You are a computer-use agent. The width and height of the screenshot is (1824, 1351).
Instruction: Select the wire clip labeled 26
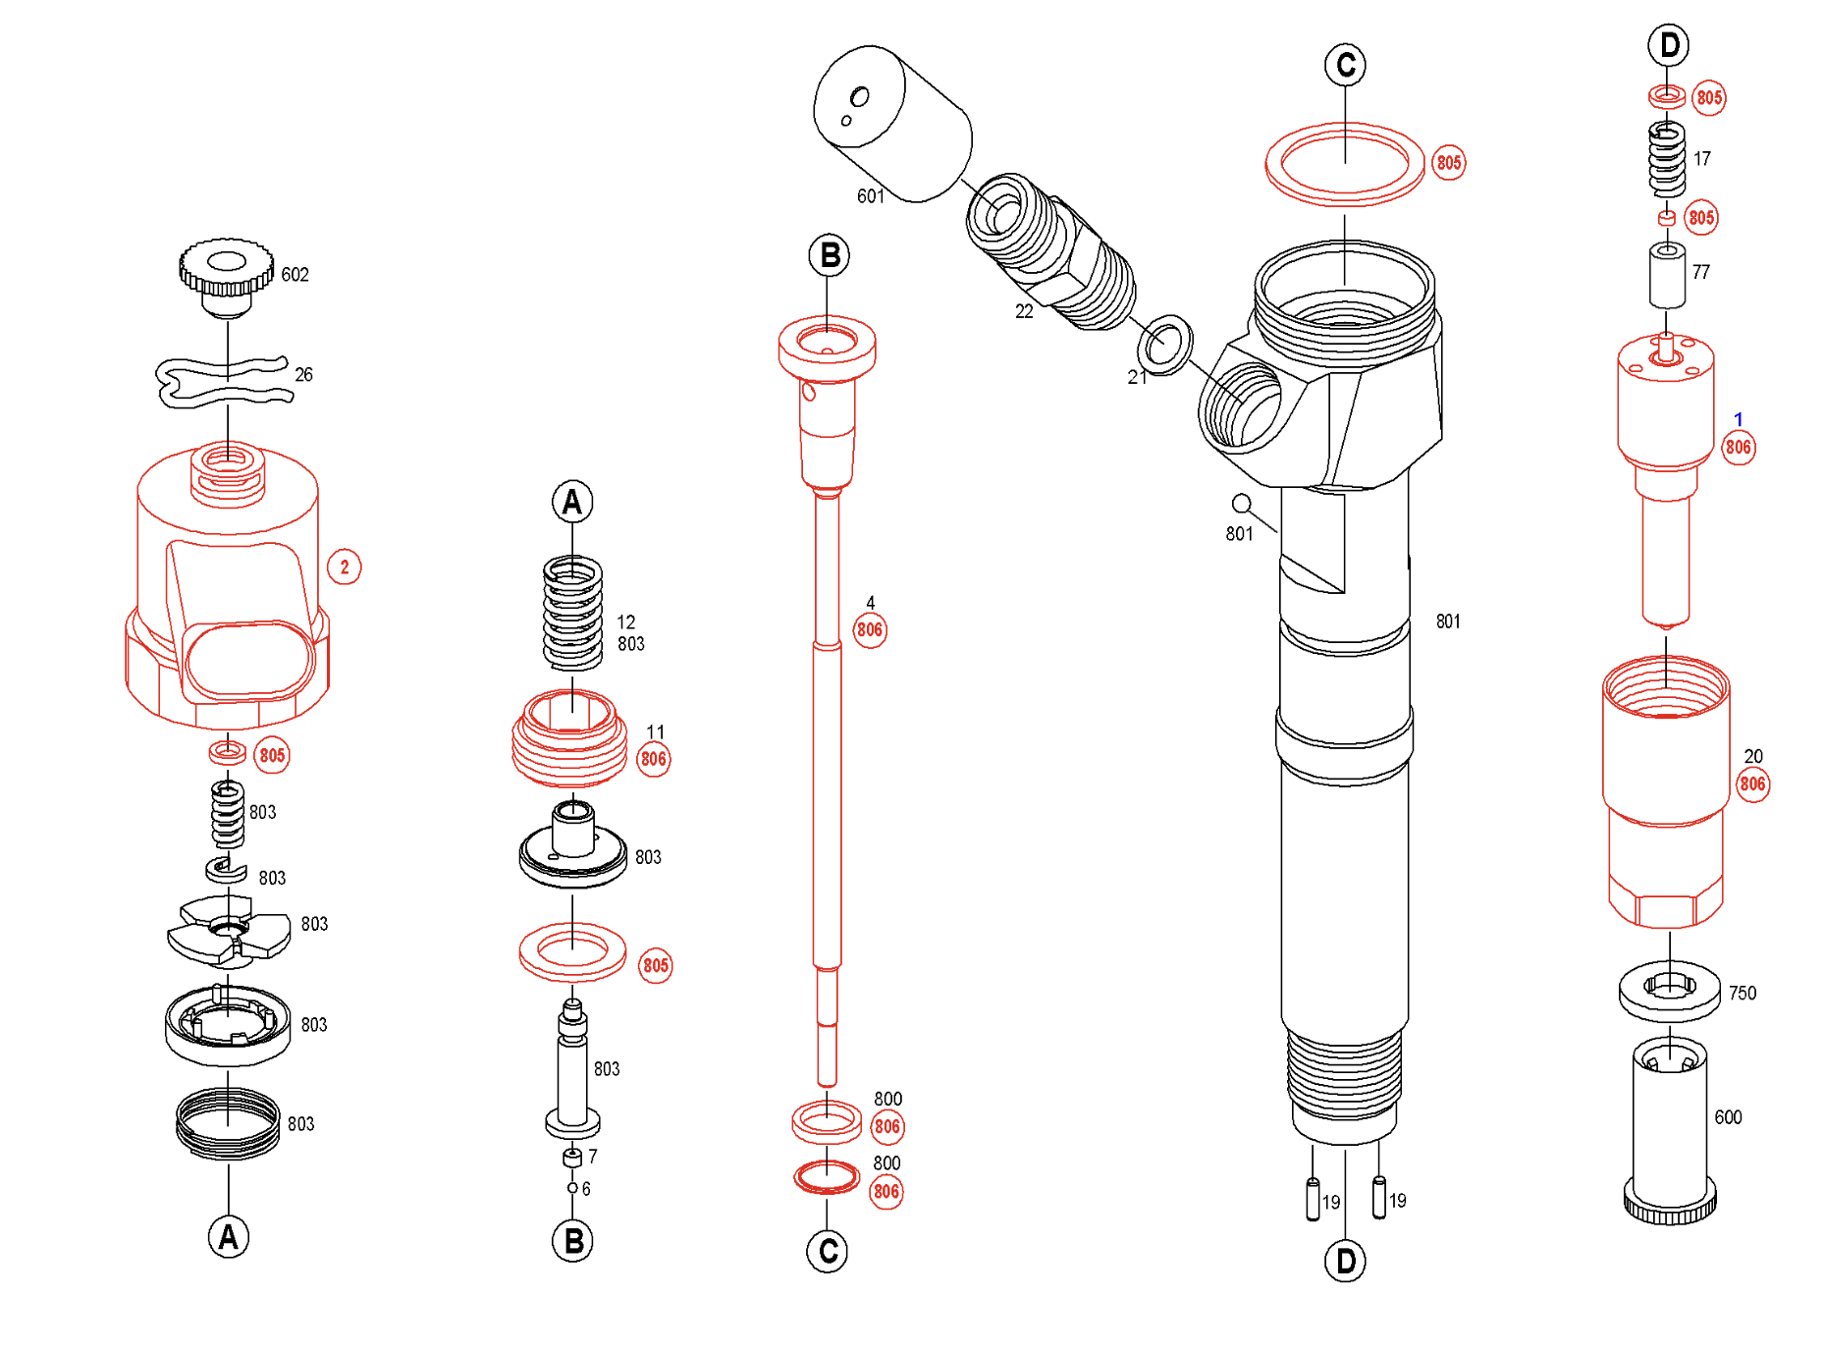(225, 382)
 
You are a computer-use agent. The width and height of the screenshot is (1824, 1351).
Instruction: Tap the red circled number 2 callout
(344, 567)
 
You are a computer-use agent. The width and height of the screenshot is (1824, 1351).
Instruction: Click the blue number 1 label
(1738, 419)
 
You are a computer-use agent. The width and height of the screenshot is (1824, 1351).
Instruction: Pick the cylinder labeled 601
(890, 125)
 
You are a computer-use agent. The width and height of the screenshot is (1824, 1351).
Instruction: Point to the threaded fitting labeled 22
(1050, 253)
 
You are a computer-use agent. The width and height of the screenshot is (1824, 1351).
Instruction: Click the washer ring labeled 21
(1165, 345)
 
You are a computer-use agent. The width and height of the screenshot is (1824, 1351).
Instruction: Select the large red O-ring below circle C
(1344, 164)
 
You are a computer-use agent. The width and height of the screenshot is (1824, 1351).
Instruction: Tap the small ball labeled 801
(1241, 504)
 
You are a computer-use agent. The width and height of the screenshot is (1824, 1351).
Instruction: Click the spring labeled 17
(1667, 159)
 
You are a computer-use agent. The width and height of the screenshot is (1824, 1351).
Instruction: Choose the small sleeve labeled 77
(1667, 275)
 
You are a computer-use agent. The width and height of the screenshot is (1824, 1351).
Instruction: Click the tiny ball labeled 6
(572, 1188)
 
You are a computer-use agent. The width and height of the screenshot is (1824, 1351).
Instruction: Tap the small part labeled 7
(572, 1159)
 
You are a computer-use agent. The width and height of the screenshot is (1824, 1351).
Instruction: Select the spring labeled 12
(572, 613)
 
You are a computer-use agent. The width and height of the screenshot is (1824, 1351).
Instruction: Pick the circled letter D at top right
(1668, 45)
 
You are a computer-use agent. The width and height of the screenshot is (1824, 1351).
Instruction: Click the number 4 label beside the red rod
(870, 603)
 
